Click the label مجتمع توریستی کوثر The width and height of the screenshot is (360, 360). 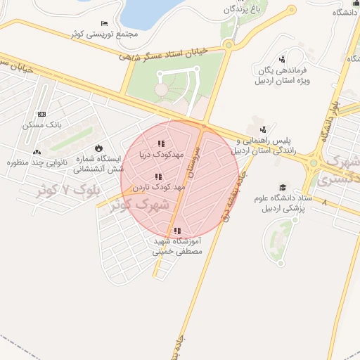click(103, 34)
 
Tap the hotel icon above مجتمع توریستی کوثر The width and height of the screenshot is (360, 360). click(104, 23)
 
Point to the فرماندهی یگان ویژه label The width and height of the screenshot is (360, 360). click(283, 75)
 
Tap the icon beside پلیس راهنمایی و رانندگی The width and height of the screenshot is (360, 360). click(263, 129)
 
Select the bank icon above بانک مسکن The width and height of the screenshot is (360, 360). click(42, 114)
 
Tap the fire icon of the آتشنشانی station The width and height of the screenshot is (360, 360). click(99, 148)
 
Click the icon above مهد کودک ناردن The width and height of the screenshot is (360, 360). click(158, 176)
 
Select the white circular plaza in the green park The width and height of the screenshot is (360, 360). click(162, 89)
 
